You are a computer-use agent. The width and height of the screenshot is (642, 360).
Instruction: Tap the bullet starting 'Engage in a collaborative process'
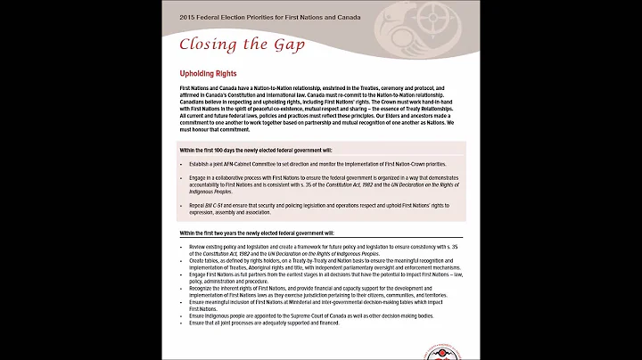(x=321, y=183)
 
